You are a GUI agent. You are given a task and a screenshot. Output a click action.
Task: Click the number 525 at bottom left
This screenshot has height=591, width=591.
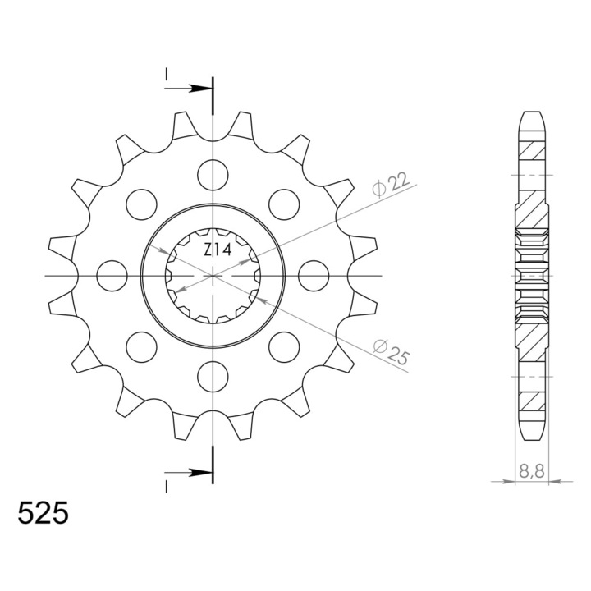[43, 515]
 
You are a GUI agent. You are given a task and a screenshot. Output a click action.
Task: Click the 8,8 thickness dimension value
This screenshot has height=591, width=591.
[531, 471]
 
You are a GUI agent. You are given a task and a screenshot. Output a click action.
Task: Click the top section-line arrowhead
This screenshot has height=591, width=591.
[200, 87]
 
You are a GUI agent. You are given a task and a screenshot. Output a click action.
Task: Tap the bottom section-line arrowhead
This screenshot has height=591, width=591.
[200, 473]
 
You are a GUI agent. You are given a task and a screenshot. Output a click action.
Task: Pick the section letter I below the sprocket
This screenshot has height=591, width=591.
[167, 486]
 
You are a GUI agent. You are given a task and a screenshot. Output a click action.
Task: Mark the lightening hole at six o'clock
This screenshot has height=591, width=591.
[213, 375]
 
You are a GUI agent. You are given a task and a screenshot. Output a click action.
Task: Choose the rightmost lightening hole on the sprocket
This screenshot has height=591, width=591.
[314, 276]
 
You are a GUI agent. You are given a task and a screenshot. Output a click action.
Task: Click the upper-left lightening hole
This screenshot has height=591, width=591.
[142, 204]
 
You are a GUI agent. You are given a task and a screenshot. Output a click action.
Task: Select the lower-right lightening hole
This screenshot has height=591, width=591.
[285, 346]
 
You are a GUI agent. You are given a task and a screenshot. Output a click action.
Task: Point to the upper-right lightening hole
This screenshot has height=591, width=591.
[285, 204]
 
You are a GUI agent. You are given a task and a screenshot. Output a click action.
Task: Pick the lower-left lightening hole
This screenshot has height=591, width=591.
[142, 346]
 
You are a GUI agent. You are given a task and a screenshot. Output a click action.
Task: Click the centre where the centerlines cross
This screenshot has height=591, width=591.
[213, 276]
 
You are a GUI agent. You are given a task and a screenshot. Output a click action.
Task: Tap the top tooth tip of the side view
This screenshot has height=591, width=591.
[531, 113]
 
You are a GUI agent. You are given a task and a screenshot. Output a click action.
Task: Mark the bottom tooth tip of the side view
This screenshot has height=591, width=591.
[531, 438]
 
